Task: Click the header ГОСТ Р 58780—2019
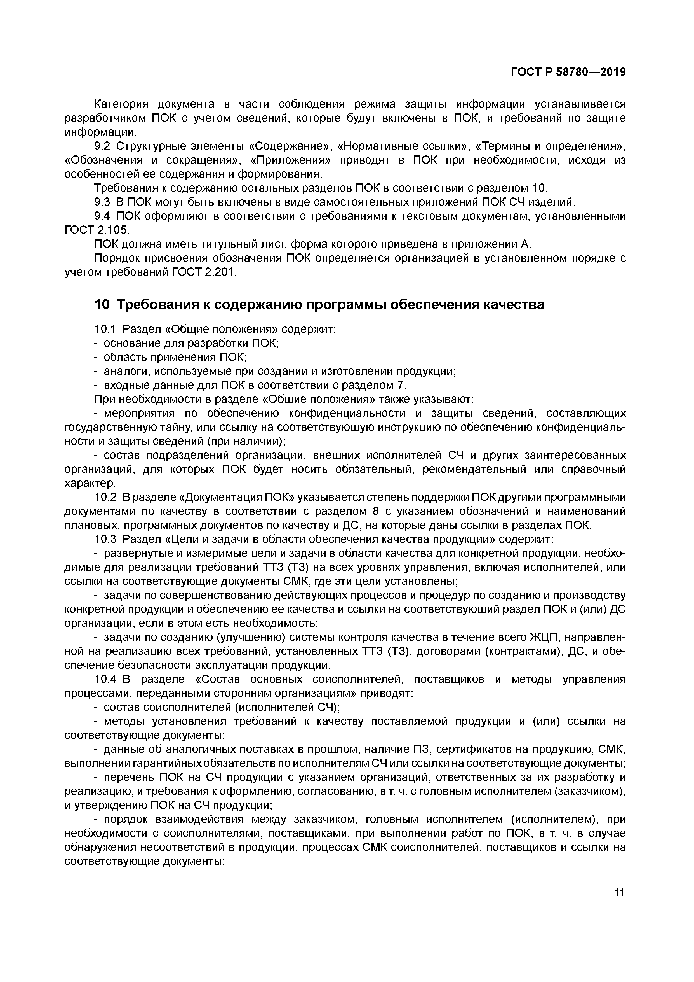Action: [x=568, y=72]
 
